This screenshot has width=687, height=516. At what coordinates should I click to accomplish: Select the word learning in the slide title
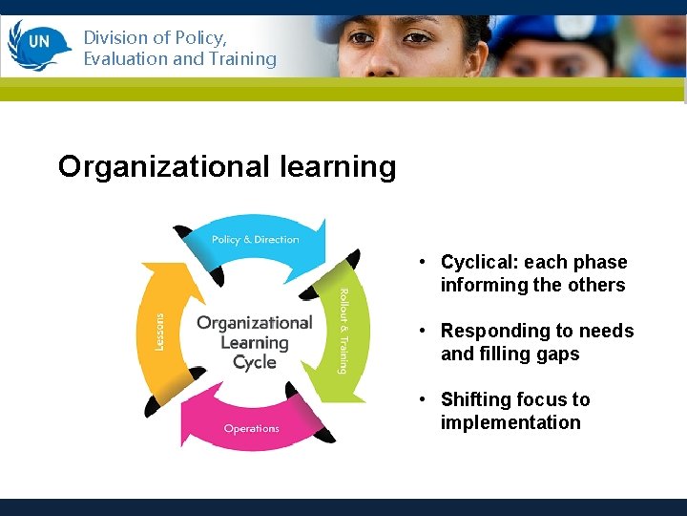click(338, 167)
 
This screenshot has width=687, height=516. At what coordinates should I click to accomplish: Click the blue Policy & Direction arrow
click(255, 239)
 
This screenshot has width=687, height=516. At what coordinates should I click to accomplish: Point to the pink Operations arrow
click(252, 427)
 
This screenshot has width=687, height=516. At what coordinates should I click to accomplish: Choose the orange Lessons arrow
click(160, 331)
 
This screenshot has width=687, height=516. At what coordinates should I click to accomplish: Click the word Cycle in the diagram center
click(255, 363)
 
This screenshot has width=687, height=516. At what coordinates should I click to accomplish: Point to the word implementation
click(510, 422)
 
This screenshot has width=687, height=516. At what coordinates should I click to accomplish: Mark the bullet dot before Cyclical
click(420, 263)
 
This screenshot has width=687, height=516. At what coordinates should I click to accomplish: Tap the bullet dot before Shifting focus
click(420, 399)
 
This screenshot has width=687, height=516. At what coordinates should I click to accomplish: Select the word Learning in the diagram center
click(255, 343)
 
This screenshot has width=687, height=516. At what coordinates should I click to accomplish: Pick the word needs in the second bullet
click(607, 332)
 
